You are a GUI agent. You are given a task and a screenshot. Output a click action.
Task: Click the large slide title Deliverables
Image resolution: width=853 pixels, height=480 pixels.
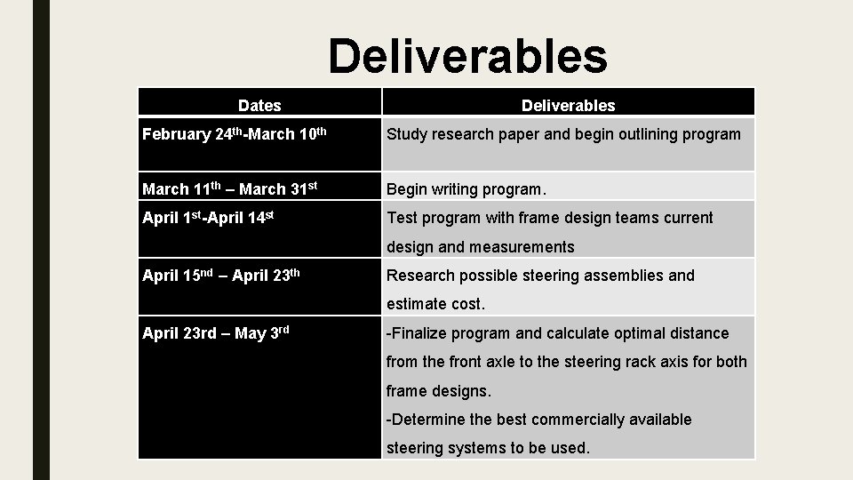467,55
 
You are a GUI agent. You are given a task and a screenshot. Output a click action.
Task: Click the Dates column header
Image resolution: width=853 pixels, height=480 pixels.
259,106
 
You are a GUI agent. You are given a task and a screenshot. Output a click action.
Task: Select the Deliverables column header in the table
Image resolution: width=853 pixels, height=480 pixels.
568,106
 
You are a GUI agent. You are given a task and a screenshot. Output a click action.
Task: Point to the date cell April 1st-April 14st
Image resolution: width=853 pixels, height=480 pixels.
207,218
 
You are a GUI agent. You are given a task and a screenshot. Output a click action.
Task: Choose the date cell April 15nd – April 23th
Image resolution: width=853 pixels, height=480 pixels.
221,276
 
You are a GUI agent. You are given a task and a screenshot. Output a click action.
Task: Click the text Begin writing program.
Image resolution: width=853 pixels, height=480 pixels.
466,188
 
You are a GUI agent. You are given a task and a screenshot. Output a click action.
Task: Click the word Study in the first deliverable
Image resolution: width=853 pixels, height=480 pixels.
407,134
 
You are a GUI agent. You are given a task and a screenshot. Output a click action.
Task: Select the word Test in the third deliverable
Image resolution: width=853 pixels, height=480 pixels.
403,218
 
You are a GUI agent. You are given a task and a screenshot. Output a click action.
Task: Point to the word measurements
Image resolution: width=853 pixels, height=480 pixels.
523,247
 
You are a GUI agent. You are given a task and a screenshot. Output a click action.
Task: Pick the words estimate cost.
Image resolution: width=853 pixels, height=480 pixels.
435,304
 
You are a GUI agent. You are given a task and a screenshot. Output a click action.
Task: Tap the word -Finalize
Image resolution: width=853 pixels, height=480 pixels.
417,333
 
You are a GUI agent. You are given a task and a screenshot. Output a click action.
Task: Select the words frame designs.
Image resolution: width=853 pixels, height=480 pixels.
438,390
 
